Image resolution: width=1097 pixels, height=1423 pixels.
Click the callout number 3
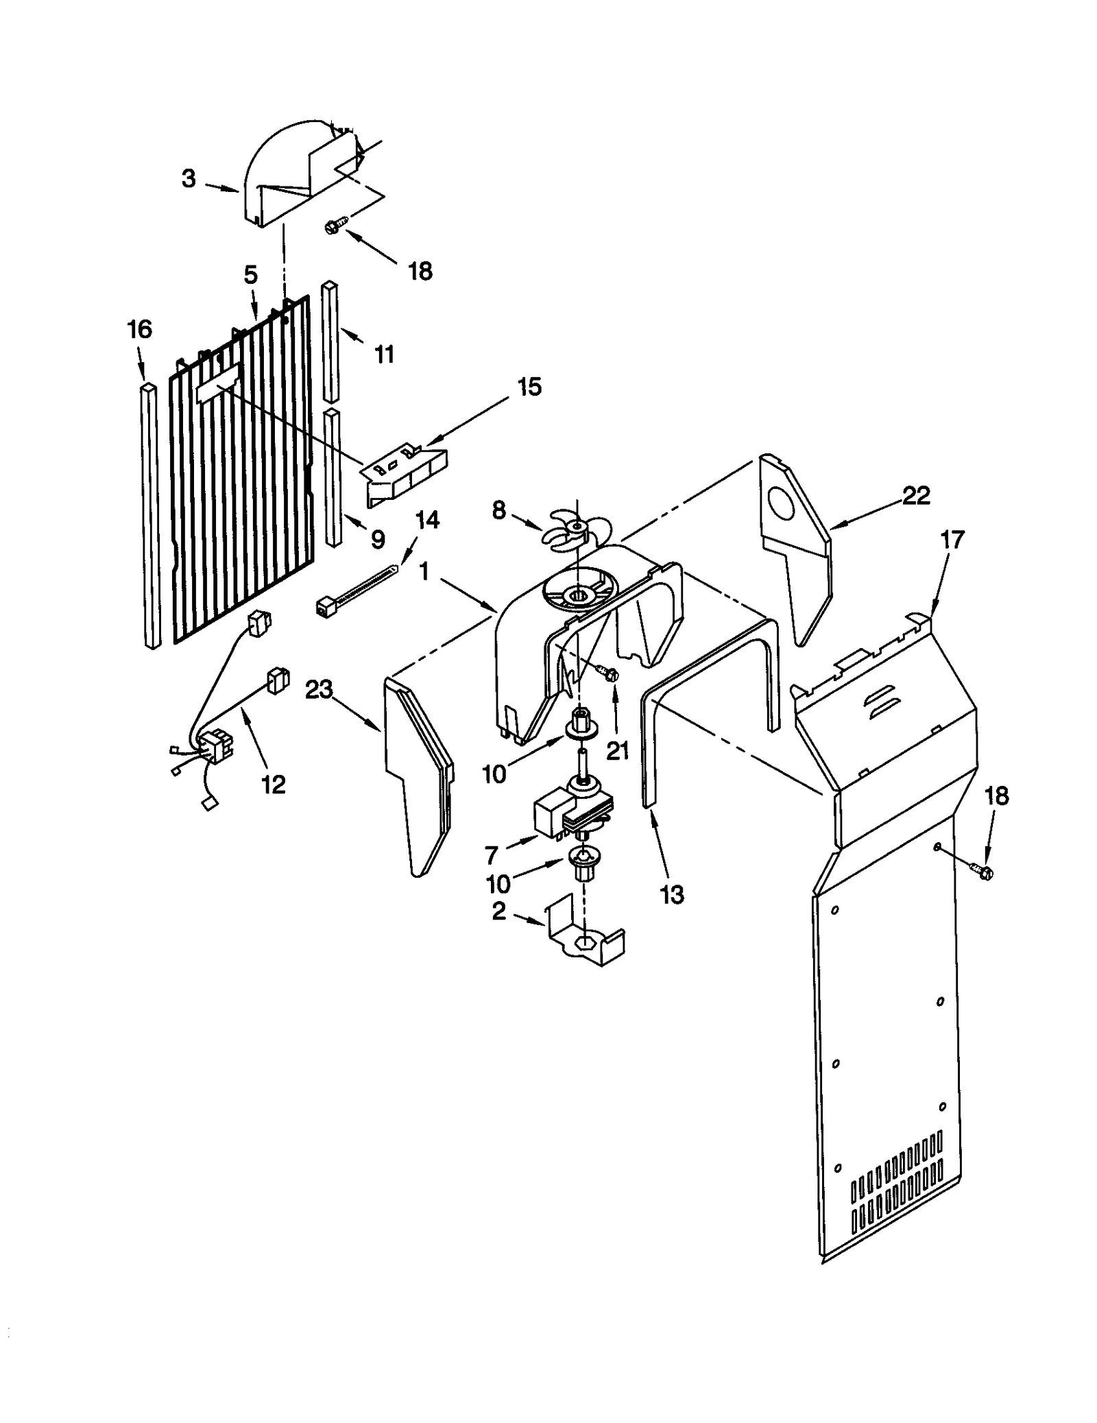[189, 179]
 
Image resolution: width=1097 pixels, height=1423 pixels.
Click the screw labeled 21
[608, 675]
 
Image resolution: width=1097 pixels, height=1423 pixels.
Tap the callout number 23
[319, 689]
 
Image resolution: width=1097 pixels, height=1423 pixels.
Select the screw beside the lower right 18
[981, 871]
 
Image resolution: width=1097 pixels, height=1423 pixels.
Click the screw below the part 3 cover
[335, 224]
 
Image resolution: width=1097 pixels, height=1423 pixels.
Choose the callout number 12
[273, 785]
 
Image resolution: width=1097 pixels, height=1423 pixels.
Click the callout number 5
[250, 275]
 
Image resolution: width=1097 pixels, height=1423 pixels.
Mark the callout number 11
[384, 355]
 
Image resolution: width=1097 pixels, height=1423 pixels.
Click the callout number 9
[378, 539]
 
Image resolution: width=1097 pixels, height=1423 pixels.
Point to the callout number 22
[916, 495]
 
